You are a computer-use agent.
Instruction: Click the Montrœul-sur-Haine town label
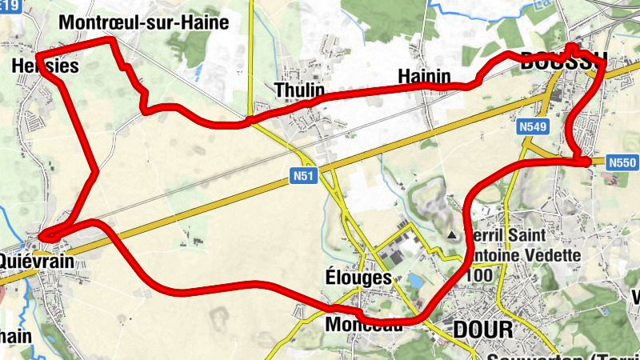pos(144,22)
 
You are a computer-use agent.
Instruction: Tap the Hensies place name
pos(46,66)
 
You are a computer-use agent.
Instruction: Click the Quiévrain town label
pos(36,261)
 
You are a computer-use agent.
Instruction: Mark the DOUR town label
pos(482,330)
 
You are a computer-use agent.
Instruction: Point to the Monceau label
pos(363,326)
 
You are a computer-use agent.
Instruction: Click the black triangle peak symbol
pos(453,235)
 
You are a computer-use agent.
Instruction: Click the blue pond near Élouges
pos(415,281)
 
